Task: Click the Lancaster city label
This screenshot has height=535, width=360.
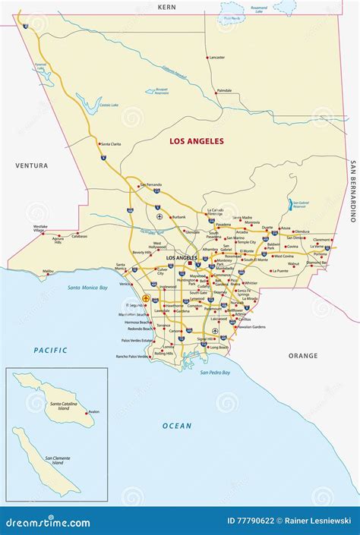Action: click(217, 58)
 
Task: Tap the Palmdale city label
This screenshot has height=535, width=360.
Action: click(224, 90)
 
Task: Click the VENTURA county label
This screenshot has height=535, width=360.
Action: click(31, 165)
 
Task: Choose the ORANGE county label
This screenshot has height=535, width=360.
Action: click(303, 355)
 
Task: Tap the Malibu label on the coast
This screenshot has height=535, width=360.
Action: click(48, 271)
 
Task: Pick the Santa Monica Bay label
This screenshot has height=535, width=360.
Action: click(88, 288)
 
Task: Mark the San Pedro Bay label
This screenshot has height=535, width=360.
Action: click(215, 373)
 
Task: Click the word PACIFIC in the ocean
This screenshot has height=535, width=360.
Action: click(50, 350)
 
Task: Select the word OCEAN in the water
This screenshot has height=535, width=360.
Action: click(176, 426)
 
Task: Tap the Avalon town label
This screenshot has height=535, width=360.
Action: click(93, 411)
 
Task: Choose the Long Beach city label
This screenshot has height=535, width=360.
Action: click(219, 348)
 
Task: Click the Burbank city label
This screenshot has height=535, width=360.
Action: click(178, 217)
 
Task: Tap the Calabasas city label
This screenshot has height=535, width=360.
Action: click(80, 236)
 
